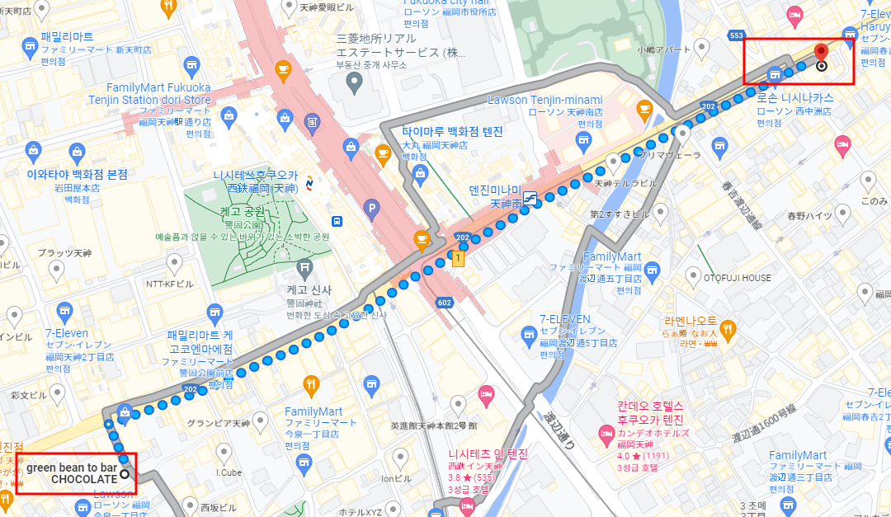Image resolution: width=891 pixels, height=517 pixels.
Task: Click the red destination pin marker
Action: coord(821,54)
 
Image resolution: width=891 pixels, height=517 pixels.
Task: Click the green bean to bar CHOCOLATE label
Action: coord(72,473)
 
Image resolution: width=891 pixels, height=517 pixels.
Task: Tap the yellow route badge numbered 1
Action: coord(458,259)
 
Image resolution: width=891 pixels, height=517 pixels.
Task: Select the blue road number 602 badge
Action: coord(444,303)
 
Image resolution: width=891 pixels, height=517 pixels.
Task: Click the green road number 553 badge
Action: coord(737,35)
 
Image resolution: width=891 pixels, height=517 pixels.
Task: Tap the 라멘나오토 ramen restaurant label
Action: coord(690,322)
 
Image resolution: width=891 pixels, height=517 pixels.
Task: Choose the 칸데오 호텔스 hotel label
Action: coord(650,407)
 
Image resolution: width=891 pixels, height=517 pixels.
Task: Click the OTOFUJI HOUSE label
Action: coord(737,278)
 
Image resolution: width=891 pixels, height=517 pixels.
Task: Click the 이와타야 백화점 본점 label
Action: coord(78,175)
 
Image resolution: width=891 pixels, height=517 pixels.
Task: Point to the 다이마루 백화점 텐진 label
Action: coord(452,132)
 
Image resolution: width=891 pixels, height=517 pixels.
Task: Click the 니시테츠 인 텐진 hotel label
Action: coord(488,454)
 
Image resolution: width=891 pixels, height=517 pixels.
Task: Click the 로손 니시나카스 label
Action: coord(795,97)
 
